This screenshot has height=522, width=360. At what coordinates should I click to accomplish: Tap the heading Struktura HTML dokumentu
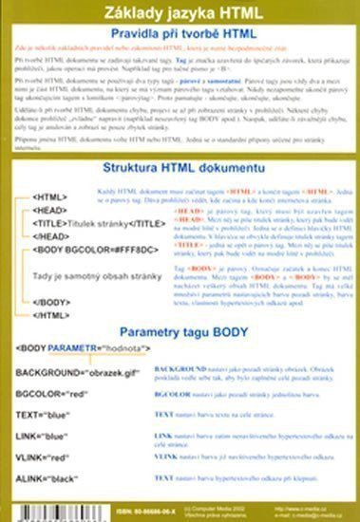pyautogui.click(x=180, y=167)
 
